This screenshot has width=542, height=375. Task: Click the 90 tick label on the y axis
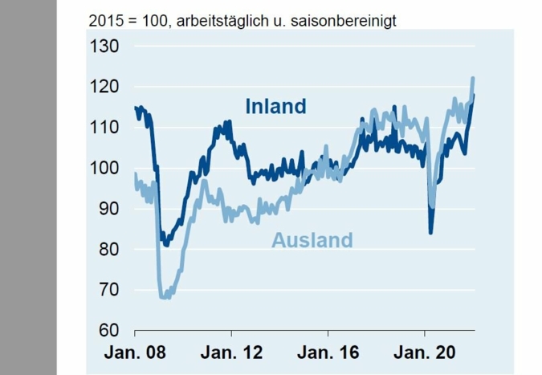click(x=110, y=209)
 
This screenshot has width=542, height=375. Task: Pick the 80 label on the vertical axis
click(x=110, y=250)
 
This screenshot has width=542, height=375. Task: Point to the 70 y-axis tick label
click(x=110, y=290)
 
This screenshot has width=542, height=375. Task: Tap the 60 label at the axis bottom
click(x=110, y=330)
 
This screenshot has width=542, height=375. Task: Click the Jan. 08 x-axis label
click(x=135, y=353)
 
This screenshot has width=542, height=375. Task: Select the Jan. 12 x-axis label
click(x=231, y=353)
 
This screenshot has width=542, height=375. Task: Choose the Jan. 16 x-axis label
click(x=328, y=353)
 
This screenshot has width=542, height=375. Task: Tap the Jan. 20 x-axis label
click(x=424, y=353)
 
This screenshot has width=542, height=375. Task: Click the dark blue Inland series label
click(x=275, y=106)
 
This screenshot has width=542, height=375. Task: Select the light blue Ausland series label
click(x=312, y=239)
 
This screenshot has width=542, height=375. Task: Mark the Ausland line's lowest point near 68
click(x=165, y=297)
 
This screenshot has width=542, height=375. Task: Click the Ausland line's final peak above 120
click(x=473, y=78)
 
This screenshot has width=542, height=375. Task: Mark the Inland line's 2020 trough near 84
click(x=431, y=233)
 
